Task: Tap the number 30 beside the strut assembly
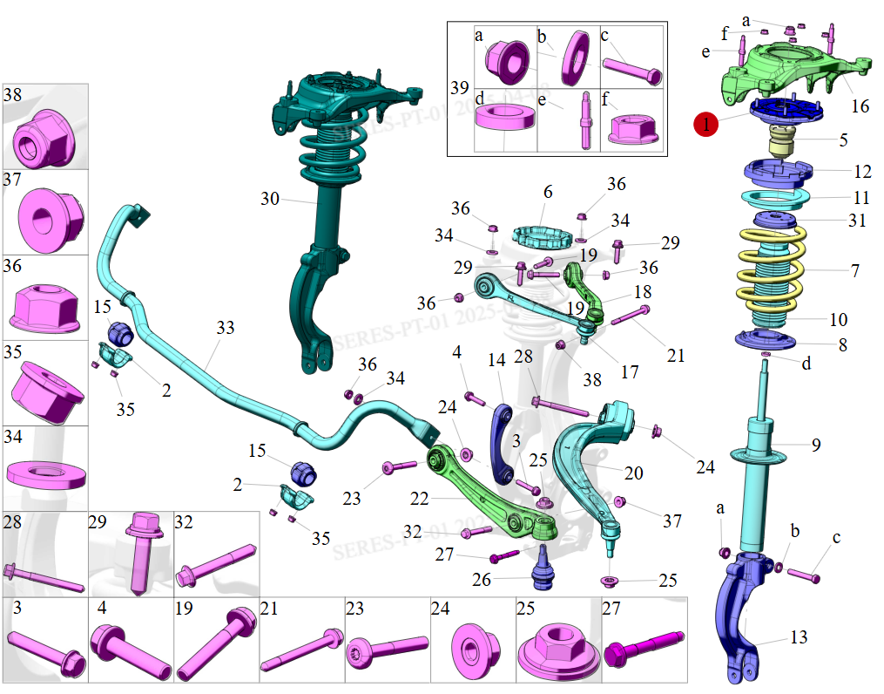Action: click(x=270, y=199)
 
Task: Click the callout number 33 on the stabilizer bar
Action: click(x=226, y=328)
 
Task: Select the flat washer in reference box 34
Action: click(x=45, y=475)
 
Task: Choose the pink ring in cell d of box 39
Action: click(x=504, y=118)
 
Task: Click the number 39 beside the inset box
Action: click(x=459, y=88)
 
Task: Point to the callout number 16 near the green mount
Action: click(x=860, y=106)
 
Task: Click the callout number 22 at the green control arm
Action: click(x=419, y=499)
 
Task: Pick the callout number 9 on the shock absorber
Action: click(x=816, y=446)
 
